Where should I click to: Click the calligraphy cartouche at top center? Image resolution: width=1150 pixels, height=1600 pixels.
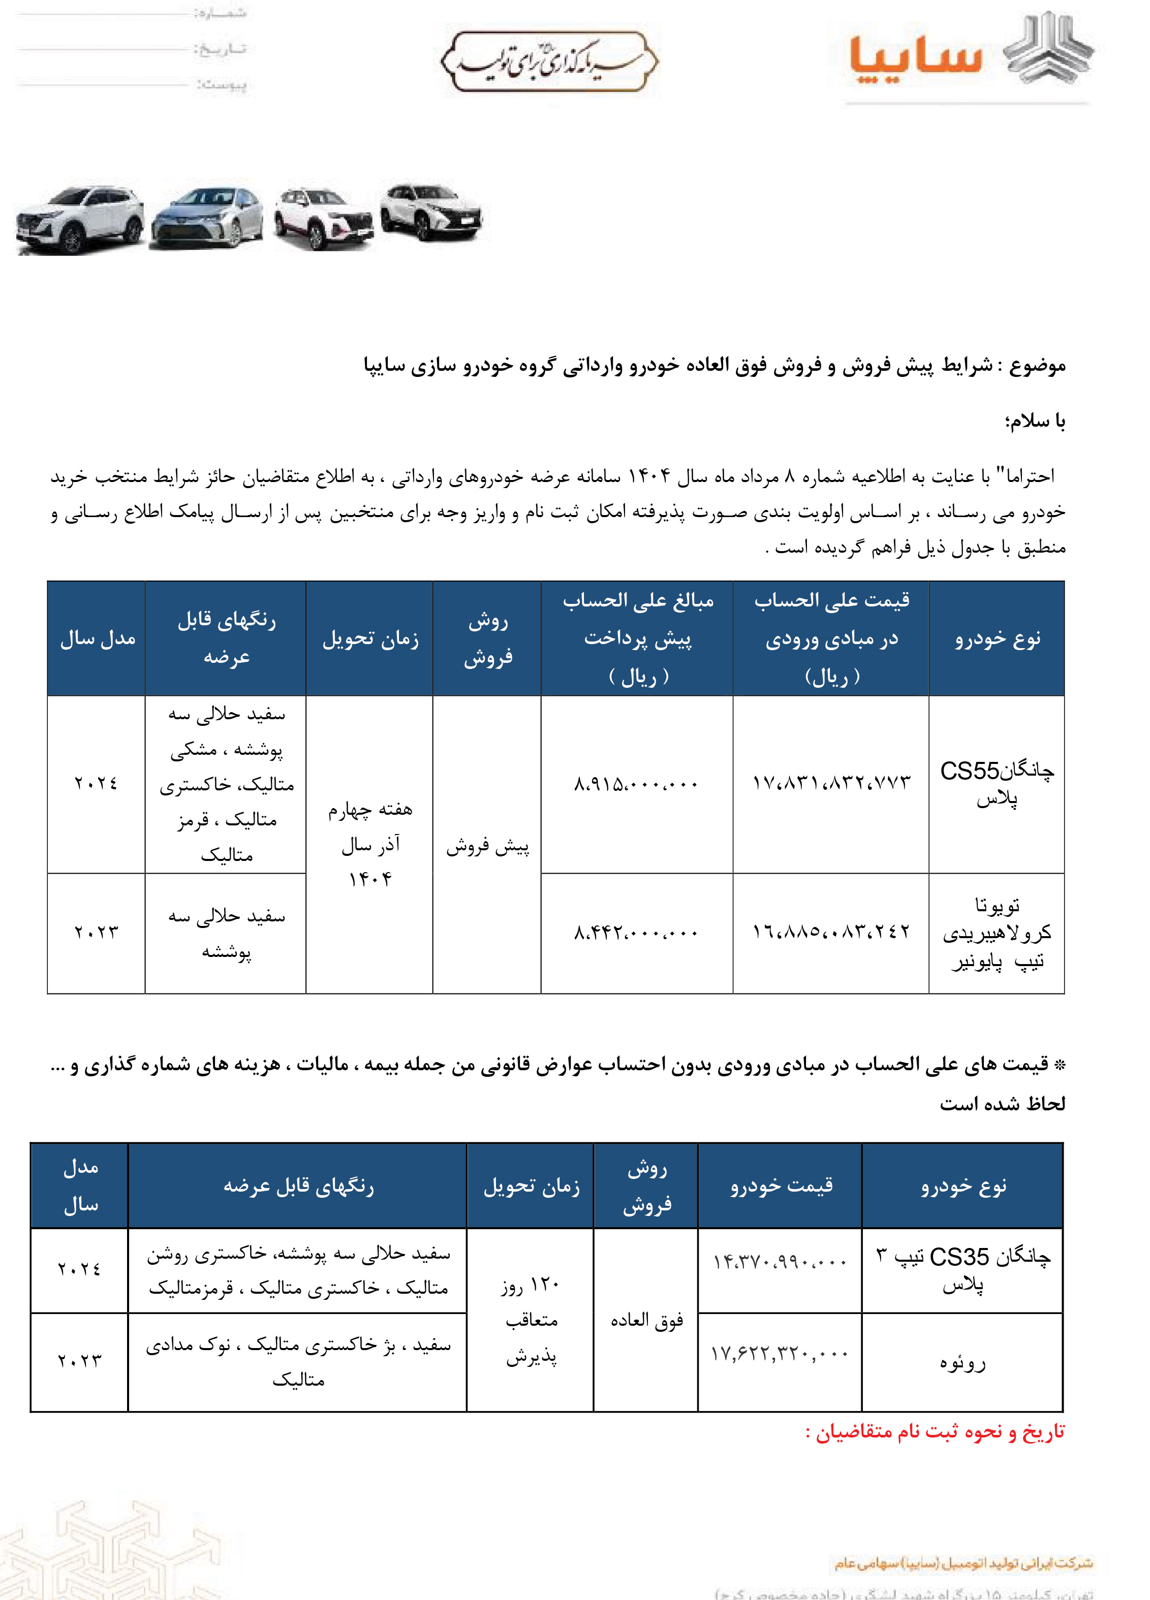click(549, 61)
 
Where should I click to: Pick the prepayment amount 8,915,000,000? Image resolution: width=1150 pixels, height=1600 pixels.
click(636, 784)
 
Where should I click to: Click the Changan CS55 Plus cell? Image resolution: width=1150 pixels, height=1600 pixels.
click(996, 784)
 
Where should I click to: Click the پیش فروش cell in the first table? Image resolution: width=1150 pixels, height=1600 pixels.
click(487, 846)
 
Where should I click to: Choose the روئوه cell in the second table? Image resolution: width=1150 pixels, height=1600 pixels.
click(962, 1362)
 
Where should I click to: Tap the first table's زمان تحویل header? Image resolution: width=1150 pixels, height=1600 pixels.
click(370, 639)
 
